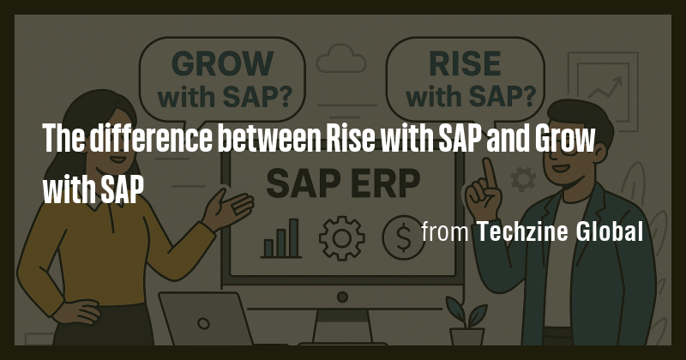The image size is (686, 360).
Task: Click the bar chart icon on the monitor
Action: click(x=281, y=238)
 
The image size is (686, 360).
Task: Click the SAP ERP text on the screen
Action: click(x=342, y=182)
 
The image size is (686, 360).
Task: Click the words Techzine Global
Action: click(x=559, y=231)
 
